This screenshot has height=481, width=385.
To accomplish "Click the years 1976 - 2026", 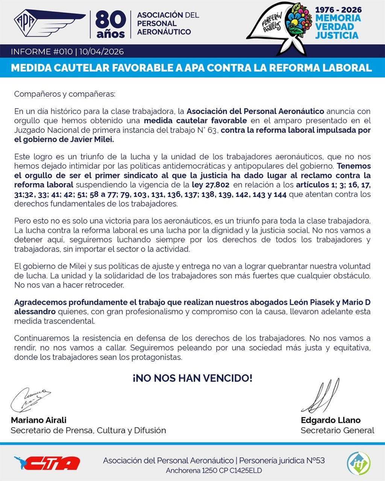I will [x=338, y=9].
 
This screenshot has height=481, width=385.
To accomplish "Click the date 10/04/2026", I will [x=101, y=52].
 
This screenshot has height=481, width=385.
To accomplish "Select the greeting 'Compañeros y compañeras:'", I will [x=65, y=94].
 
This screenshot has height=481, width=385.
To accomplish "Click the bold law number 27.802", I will [x=216, y=185].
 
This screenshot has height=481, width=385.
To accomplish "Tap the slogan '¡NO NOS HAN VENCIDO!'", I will [x=192, y=378].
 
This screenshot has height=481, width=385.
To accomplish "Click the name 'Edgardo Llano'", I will [x=330, y=420].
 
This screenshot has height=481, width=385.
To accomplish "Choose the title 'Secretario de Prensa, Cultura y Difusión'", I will [x=88, y=430].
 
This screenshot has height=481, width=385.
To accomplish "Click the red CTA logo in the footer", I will [x=47, y=463].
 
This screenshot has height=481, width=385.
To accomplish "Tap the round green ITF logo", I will [x=358, y=463].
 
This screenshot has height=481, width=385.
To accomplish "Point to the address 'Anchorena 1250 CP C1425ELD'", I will [x=214, y=471].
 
